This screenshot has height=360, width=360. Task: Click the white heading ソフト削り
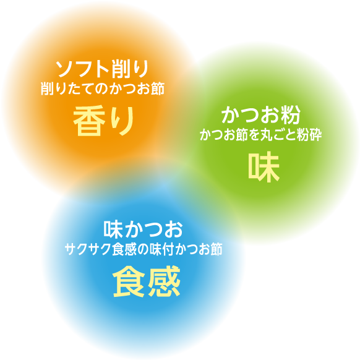click(103, 69)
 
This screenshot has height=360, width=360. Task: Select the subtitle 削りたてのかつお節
click(103, 88)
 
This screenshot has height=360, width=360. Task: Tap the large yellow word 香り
click(103, 121)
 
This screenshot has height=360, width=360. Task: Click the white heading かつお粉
click(261, 114)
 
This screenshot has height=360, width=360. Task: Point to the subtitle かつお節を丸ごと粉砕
click(261, 135)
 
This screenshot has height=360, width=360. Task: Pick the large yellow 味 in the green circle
click(264, 166)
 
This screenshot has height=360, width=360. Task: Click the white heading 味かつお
click(143, 229)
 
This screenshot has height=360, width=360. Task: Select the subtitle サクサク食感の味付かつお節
click(144, 249)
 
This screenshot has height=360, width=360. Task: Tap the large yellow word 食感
click(147, 281)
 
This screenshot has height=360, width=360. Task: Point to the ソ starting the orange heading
click(65, 69)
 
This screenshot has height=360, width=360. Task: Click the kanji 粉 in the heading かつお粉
click(291, 114)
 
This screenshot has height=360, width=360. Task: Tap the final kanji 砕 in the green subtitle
click(315, 135)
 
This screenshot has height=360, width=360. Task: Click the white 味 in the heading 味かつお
click(113, 229)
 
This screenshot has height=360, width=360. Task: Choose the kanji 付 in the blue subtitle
click(169, 249)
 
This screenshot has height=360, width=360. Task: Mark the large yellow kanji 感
click(164, 281)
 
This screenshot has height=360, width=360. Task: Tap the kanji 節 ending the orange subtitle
click(158, 88)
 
